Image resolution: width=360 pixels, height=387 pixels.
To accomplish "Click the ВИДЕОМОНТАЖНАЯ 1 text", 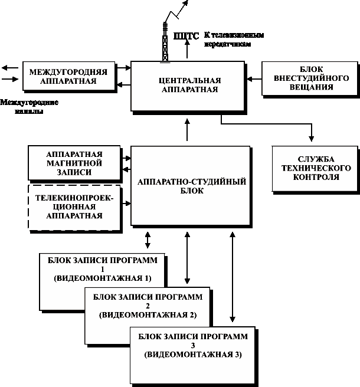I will pos(103,277).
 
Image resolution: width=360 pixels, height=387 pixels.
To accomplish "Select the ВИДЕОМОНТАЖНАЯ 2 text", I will pos(148,314).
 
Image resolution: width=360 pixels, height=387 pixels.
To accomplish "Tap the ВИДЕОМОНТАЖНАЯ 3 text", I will pos(192,355).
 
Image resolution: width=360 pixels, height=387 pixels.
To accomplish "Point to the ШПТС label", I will pos(186,36).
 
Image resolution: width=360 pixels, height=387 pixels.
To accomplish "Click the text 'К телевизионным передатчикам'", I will pos(233,40).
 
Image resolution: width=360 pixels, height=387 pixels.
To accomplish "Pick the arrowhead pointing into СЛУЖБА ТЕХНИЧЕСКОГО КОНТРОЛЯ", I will pos(310,138).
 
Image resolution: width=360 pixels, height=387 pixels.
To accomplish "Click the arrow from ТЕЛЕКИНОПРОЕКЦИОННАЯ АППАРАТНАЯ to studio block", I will pos(126,203).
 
